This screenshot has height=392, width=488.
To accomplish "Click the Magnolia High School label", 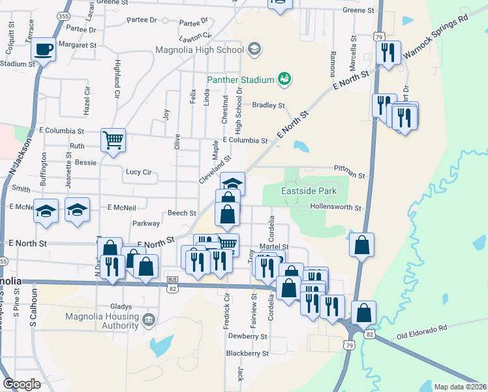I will (x=199, y=50).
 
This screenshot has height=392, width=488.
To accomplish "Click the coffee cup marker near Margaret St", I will (x=44, y=49).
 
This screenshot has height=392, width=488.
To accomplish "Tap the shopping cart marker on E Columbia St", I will (x=113, y=139).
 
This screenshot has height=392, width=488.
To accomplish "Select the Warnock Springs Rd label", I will (x=436, y=37).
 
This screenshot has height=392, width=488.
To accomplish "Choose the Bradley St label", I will (x=269, y=105).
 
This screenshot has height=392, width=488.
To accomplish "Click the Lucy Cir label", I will (x=138, y=172).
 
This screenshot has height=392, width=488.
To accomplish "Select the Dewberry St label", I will (x=247, y=336).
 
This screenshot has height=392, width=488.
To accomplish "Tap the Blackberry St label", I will (x=247, y=353).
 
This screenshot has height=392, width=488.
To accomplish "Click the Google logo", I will (x=22, y=384).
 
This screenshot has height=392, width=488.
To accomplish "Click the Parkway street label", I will (x=146, y=223).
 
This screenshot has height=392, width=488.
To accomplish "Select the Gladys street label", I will (x=121, y=306).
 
